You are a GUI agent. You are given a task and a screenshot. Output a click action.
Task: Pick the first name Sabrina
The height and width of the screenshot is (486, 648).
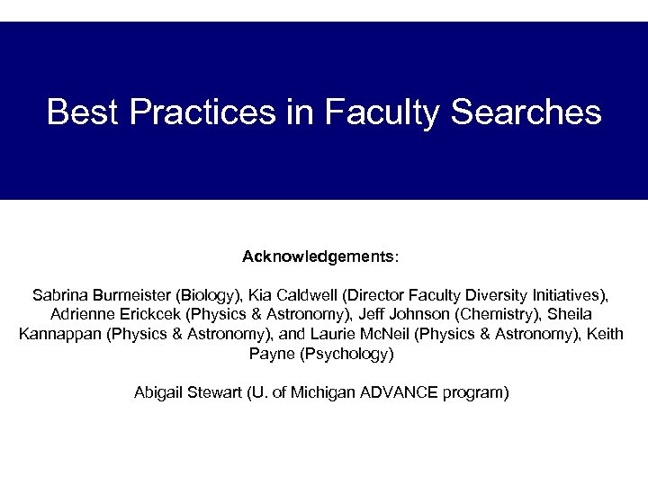(58, 295)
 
